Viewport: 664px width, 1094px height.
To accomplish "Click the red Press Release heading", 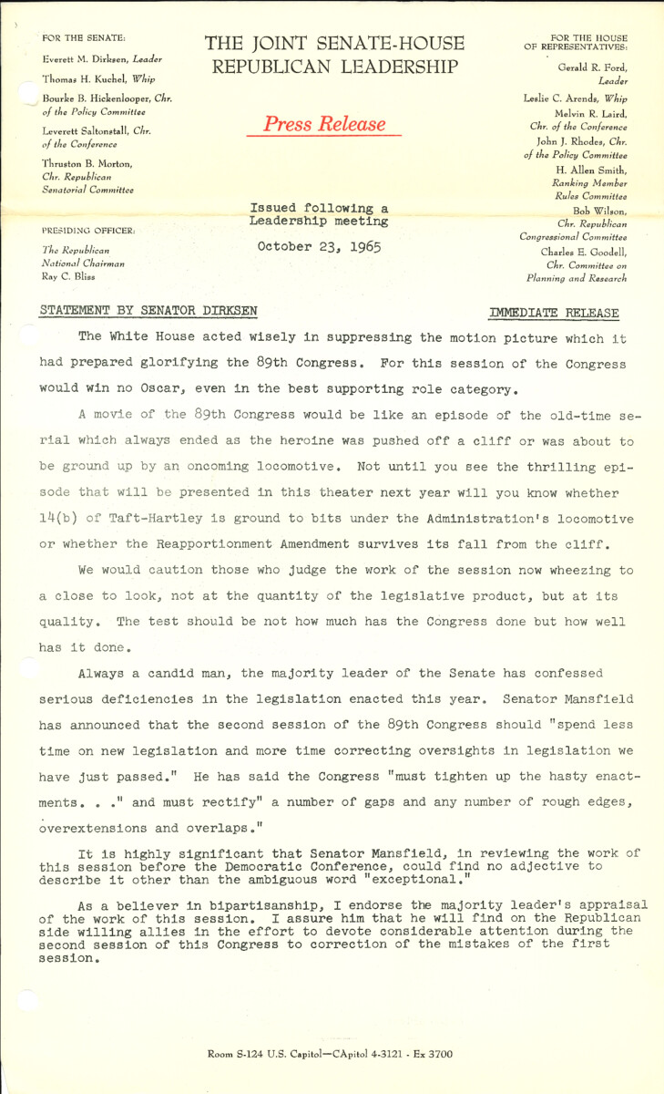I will (323, 124).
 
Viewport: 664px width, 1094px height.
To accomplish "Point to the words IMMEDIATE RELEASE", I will (554, 313).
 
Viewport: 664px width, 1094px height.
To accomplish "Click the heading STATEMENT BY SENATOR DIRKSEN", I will (149, 311).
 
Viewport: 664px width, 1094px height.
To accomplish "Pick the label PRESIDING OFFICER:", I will (87, 231).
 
